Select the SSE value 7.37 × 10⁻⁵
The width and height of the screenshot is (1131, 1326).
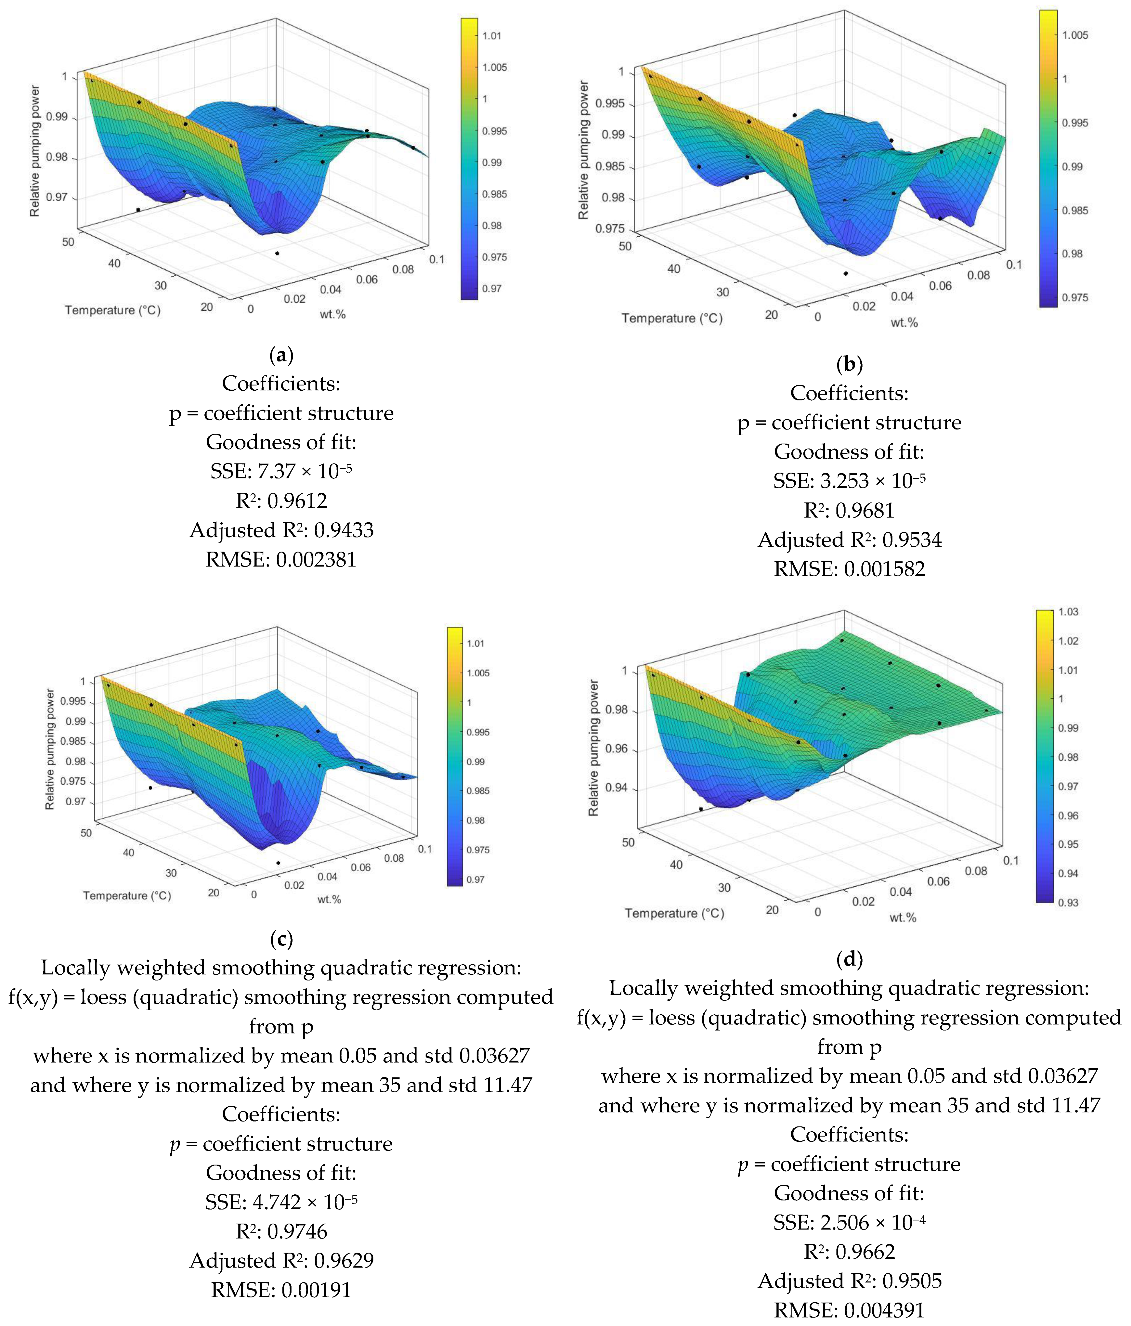point(304,472)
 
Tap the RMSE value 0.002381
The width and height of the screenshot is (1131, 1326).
point(315,560)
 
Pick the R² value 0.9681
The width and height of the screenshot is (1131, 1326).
point(867,511)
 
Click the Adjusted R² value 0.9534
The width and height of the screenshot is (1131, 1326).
point(912,540)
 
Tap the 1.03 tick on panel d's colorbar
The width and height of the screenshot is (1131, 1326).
point(1068,612)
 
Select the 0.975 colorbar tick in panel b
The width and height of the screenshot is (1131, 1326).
point(1074,298)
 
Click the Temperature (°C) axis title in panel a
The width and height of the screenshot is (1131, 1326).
point(113,310)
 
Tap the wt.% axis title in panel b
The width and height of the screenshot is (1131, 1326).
point(904,323)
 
